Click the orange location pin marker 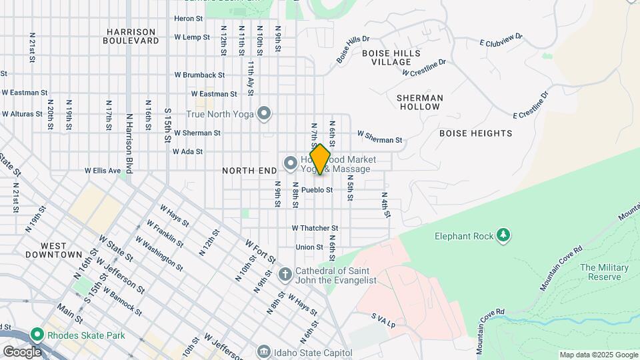pyautogui.click(x=320, y=159)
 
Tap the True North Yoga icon pyautogui.click(x=265, y=114)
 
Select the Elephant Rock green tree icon pyautogui.click(x=505, y=235)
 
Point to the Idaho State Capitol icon pyautogui.click(x=265, y=351)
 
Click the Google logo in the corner pyautogui.click(x=21, y=352)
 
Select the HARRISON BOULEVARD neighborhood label pyautogui.click(x=131, y=36)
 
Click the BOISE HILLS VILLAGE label pyautogui.click(x=391, y=57)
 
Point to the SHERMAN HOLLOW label pyautogui.click(x=420, y=102)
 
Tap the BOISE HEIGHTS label pyautogui.click(x=475, y=133)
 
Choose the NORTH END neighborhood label pyautogui.click(x=249, y=171)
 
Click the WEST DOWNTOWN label pyautogui.click(x=53, y=250)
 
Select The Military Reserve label pyautogui.click(x=604, y=272)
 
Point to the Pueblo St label pyautogui.click(x=317, y=190)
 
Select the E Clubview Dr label pyautogui.click(x=501, y=40)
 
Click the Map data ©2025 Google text pyautogui.click(x=598, y=355)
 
